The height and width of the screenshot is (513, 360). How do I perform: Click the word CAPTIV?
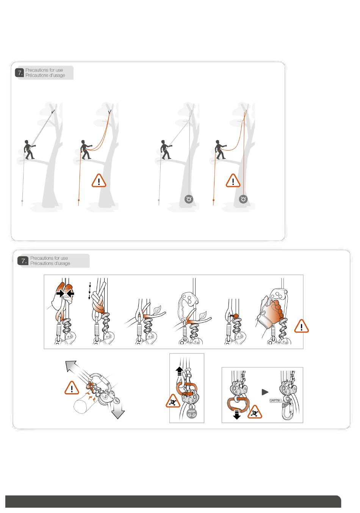[x=275, y=400]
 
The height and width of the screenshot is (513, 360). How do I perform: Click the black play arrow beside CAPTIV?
[x=265, y=392]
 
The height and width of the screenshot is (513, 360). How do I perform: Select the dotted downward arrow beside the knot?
[x=90, y=290]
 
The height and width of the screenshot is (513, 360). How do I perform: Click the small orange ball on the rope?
[x=236, y=316]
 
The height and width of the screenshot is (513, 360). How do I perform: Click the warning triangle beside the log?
[x=72, y=388]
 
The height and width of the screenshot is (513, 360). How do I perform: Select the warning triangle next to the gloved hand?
[x=301, y=326]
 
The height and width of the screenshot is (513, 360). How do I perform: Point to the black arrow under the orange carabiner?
[x=236, y=414]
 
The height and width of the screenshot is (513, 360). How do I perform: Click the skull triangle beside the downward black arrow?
[x=255, y=413]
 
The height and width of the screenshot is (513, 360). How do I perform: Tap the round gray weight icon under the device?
[x=192, y=413]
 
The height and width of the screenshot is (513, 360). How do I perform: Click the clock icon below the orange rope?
[x=243, y=199]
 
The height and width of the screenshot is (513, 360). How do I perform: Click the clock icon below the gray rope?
[x=189, y=199]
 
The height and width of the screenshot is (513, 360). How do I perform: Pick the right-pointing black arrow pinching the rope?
[x=60, y=293]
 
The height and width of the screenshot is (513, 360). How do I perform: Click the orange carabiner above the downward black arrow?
[x=237, y=403]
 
